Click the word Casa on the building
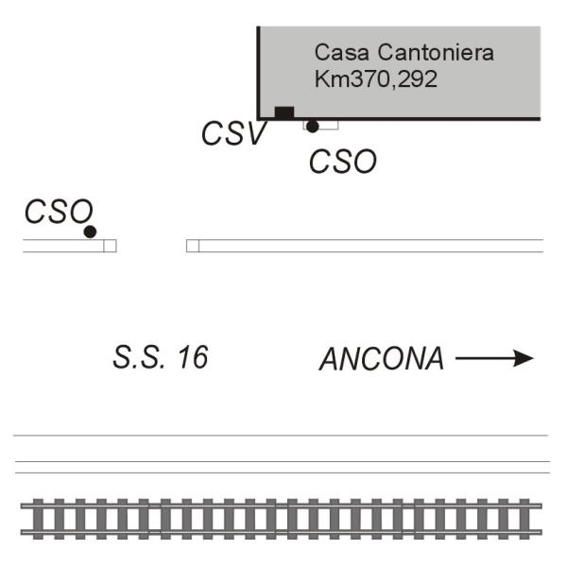coord(335,53)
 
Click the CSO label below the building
coord(342,162)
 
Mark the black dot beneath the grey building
coord(312,126)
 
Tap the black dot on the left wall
coord(90,232)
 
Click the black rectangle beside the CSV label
coord(283,112)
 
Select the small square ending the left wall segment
coord(110,246)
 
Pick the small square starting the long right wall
coord(193,246)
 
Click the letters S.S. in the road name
coord(136,358)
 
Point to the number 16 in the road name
coord(192,358)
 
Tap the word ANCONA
coord(381,360)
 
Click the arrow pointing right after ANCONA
coord(494,358)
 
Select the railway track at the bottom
coord(283,518)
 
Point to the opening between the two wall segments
coord(151,246)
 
